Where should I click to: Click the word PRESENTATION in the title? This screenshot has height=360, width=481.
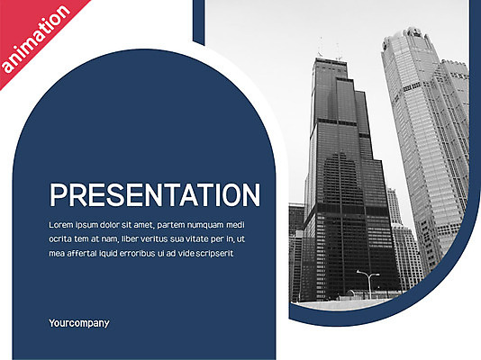tap(155, 195)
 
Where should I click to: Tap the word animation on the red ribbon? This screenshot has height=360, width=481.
tap(36, 39)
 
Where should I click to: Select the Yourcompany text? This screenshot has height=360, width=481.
tap(79, 323)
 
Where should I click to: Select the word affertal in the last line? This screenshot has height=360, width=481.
tap(81, 254)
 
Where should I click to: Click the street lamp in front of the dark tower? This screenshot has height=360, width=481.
tap(368, 284)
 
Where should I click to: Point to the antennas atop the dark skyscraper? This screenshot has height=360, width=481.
tap(330, 49)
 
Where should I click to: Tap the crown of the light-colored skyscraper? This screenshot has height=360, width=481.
tap(410, 38)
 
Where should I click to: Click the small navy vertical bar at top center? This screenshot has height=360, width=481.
tap(199, 22)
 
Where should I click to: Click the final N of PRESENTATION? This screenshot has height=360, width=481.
tap(251, 195)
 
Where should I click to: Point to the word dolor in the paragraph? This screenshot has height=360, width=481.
tap(110, 225)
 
